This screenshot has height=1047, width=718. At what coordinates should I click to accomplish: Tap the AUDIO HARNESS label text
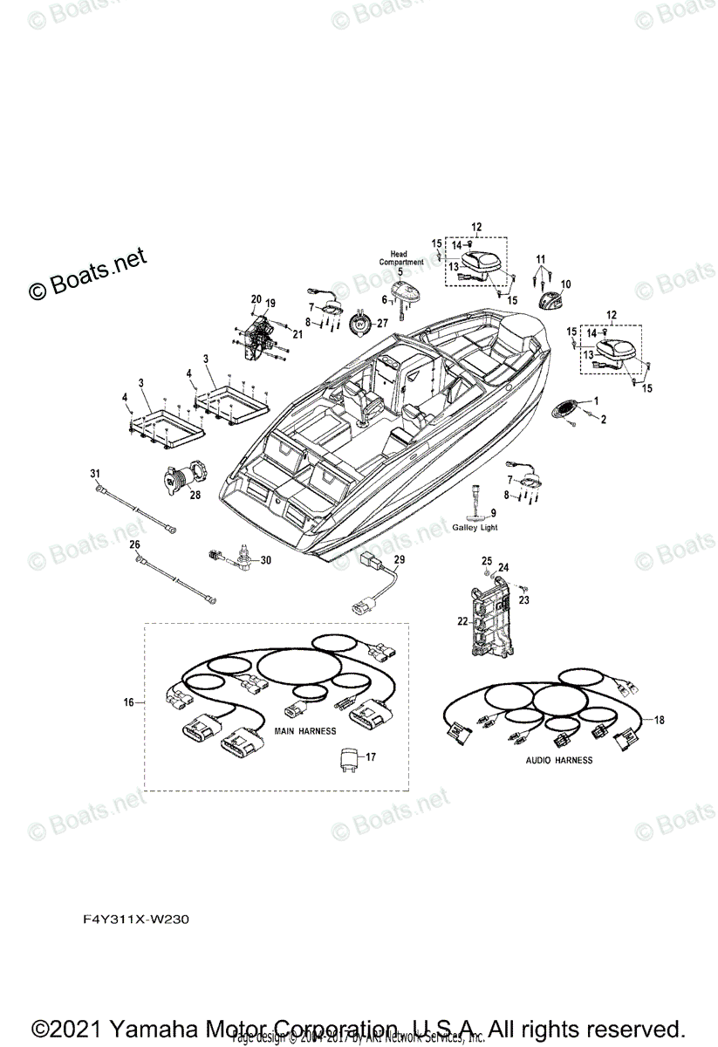click(558, 760)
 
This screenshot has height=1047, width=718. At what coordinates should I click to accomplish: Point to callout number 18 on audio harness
click(659, 719)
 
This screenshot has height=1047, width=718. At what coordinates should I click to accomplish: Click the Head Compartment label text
click(400, 257)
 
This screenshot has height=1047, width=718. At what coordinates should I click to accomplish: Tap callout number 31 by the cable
click(94, 473)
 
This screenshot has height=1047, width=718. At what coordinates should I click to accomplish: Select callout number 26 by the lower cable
click(134, 544)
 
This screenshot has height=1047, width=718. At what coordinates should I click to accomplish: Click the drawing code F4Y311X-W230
click(131, 920)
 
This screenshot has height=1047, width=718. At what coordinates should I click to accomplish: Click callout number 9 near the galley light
click(493, 512)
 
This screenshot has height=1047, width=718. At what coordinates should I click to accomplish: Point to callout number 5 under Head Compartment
click(400, 271)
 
